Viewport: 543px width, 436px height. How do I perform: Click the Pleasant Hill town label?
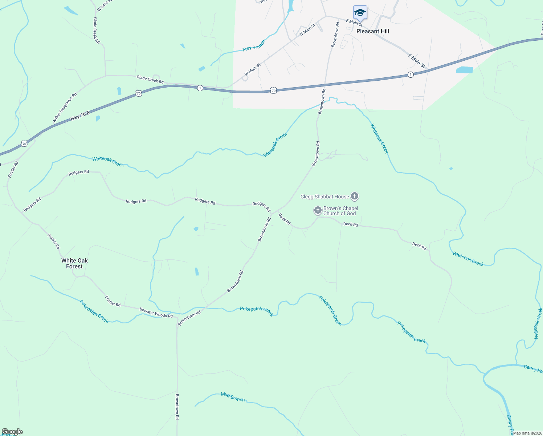coord(372,31)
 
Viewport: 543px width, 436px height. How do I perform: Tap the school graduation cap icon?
coord(360,13)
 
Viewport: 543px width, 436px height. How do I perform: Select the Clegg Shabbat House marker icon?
coord(355,197)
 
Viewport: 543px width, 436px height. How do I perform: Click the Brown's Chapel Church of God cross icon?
coord(318,210)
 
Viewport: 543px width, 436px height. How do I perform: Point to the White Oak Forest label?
coord(74,263)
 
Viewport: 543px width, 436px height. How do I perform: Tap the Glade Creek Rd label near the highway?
coord(150,79)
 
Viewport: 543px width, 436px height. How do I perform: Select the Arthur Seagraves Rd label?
coord(65,108)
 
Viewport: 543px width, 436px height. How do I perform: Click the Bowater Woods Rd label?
coord(156,313)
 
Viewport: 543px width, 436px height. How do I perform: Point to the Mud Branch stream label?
coord(233,397)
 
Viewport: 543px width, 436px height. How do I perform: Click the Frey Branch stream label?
coord(254,45)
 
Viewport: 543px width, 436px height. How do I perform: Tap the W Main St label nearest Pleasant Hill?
coord(307,29)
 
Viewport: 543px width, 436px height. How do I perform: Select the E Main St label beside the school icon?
coord(354,23)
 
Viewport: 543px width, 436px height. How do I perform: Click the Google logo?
coord(12,432)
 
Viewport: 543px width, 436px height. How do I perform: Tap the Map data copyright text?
coord(527,433)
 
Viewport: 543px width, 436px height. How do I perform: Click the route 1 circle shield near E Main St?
coord(410,74)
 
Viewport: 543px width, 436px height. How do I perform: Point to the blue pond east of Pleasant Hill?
coord(464,70)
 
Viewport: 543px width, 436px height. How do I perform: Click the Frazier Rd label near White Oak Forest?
coord(53,241)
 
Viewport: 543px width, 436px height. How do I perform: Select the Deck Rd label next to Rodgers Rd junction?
coord(284,219)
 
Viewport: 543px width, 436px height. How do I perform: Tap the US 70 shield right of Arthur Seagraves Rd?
coord(138,93)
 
